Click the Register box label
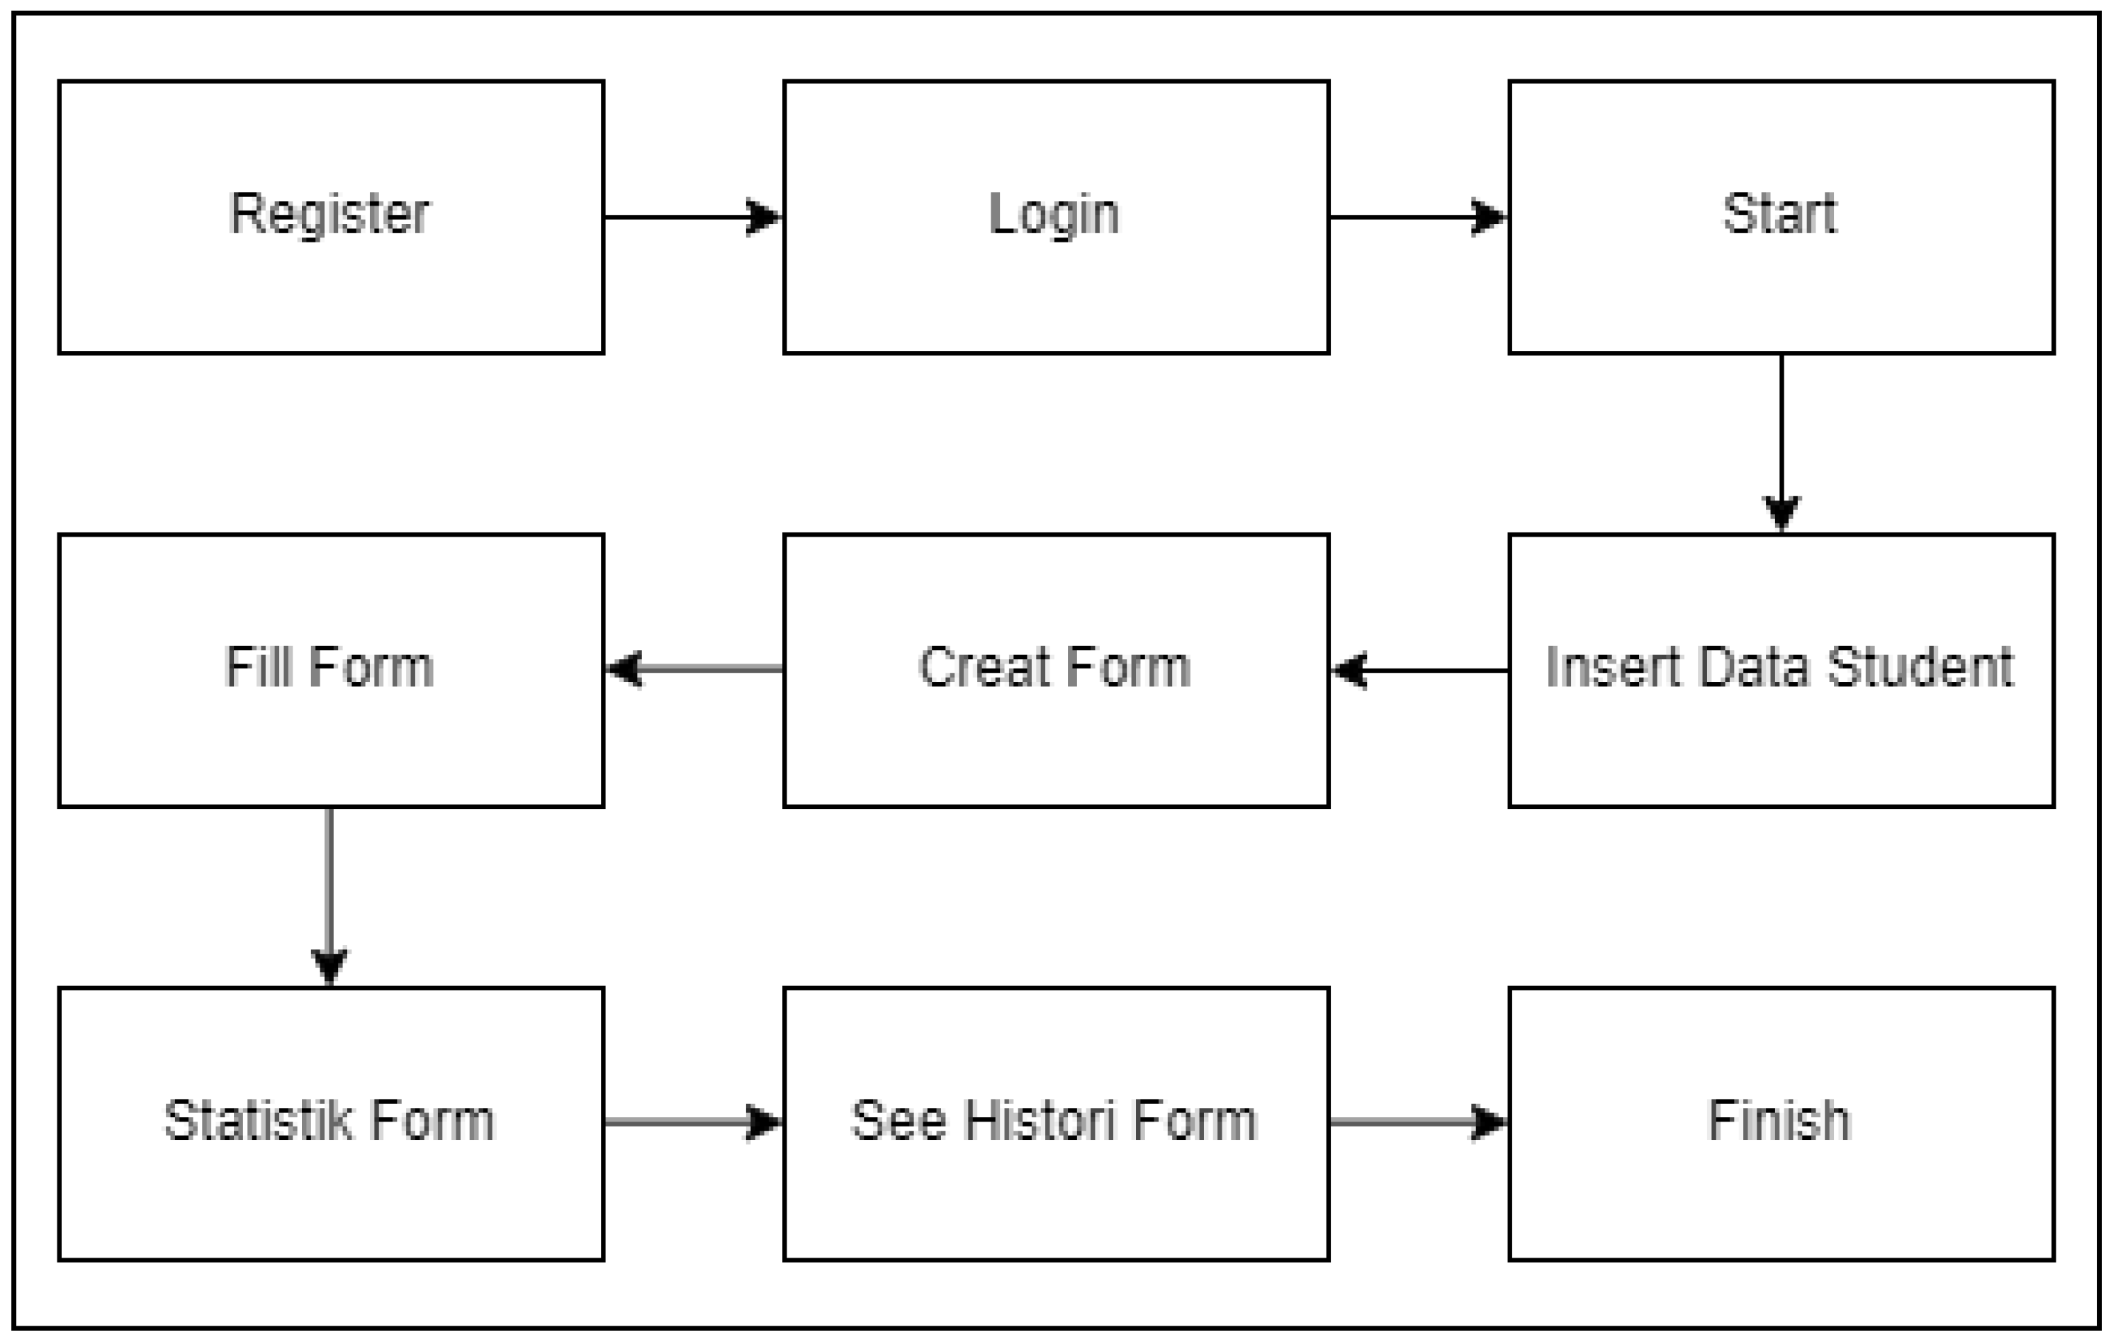point(330,214)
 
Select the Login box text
point(1054,214)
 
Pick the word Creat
point(984,668)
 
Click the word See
point(899,1121)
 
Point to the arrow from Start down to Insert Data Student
point(1781,443)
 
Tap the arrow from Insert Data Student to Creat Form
point(1420,671)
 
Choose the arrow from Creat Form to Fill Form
point(695,669)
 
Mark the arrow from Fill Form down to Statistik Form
point(330,896)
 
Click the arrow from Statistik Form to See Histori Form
point(692,1122)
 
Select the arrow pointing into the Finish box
point(1417,1122)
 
